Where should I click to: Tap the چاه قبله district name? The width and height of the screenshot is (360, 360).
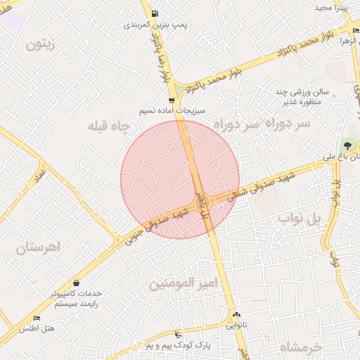pyautogui.click(x=109, y=127)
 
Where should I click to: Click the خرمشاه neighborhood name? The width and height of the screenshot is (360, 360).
pyautogui.click(x=300, y=347)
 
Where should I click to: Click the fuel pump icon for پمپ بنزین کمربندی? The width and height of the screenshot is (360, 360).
pyautogui.click(x=154, y=13)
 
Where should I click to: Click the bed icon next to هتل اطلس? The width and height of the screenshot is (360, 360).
pyautogui.click(x=37, y=319)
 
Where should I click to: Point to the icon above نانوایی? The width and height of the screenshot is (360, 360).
pyautogui.click(x=236, y=315)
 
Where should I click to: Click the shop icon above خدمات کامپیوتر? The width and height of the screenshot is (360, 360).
pyautogui.click(x=75, y=283)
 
